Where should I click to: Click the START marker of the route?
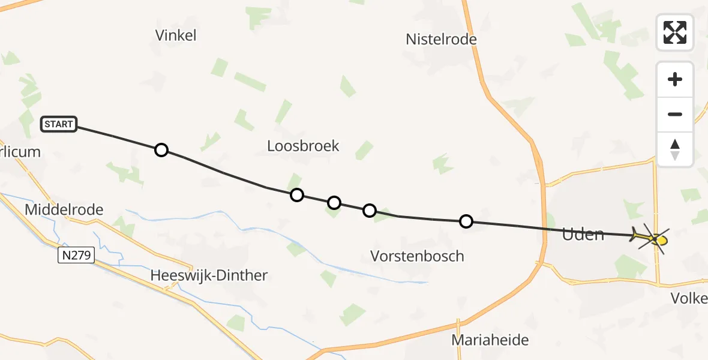(58, 124)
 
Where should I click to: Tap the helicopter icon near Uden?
(650, 239)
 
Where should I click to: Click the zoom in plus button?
(675, 79)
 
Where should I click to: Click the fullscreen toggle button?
(675, 32)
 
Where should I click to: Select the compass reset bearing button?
(675, 149)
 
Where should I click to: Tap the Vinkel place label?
(176, 35)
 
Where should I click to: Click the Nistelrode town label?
(441, 40)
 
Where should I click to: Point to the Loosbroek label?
(303, 146)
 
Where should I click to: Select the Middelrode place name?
(64, 210)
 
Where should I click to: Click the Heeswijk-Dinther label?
(209, 275)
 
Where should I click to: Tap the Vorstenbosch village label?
(417, 256)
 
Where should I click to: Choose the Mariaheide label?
(490, 340)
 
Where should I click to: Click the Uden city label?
(583, 235)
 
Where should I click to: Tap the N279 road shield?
(76, 256)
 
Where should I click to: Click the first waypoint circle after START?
(161, 150)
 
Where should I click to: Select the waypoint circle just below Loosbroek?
(296, 195)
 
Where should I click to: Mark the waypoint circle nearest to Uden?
(466, 222)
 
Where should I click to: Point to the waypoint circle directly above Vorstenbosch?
(370, 211)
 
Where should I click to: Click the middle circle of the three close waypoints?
(334, 203)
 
